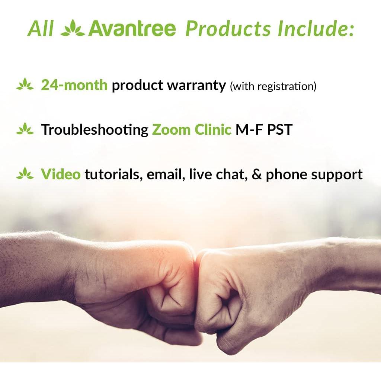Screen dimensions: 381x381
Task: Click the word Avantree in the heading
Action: pos(132,29)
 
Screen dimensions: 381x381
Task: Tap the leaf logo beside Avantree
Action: pos(73,29)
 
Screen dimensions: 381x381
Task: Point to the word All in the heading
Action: pos(41,29)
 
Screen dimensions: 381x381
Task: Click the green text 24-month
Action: pos(74,85)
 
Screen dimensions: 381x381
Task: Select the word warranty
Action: pos(196,86)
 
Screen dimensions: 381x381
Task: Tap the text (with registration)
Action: pos(273,87)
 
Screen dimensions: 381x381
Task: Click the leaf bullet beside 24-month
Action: pos(25,85)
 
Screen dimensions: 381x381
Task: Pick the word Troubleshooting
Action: pos(95,130)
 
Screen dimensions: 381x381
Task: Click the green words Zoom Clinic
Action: pos(192,129)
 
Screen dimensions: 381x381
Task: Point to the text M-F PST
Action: pos(264,129)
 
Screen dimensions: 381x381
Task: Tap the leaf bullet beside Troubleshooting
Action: pos(25,129)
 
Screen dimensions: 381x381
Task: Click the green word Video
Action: pos(61,174)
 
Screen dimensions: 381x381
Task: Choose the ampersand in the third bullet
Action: pos(256,174)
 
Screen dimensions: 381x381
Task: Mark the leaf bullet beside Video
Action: pos(25,173)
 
